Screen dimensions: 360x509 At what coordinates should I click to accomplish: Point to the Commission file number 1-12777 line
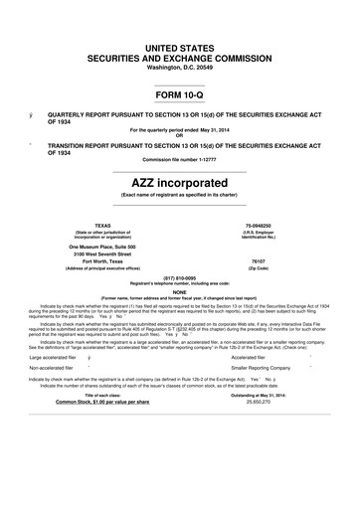179,159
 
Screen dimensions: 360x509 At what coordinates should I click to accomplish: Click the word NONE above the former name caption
179,291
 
